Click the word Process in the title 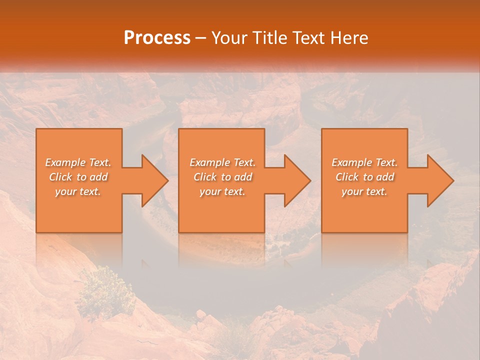coord(157,38)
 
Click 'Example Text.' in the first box coord(78,162)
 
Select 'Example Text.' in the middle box coord(222,162)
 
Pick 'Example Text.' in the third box coord(364,162)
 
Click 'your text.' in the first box coord(78,191)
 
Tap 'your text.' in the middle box coord(222,191)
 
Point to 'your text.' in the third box coord(364,191)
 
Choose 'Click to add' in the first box coord(78,177)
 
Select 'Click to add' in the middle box coord(222,177)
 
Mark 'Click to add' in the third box coord(364,177)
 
